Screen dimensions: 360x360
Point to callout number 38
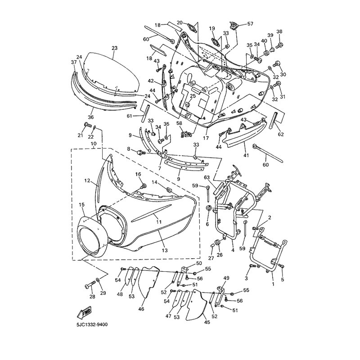(x=279, y=31)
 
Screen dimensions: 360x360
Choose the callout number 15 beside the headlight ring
(x=82, y=205)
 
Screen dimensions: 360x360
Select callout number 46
(x=141, y=309)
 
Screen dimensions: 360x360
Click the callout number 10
(x=94, y=144)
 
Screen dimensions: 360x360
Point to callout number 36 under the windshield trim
(x=90, y=117)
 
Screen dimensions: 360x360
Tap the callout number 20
(x=180, y=22)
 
